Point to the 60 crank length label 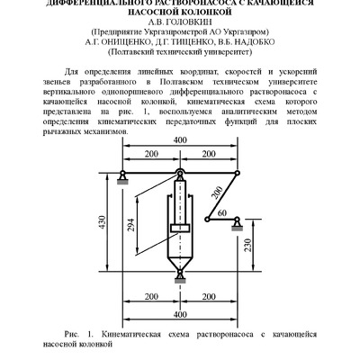(221, 213)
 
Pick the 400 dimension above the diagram (180, 166)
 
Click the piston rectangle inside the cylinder (179, 228)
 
